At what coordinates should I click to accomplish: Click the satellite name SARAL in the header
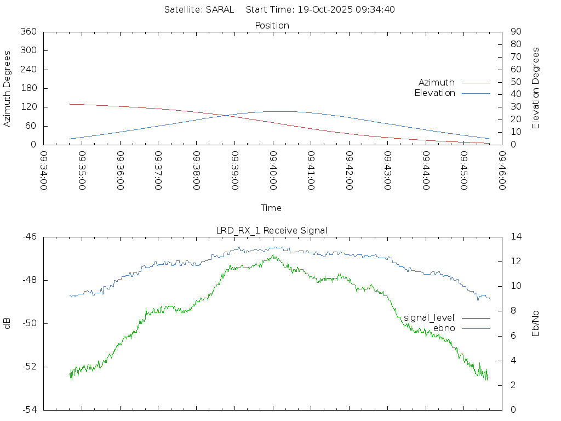(x=220, y=9)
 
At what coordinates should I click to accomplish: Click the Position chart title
(x=272, y=25)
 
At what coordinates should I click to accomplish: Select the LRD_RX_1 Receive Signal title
(x=272, y=230)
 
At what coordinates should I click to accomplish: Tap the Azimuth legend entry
(x=437, y=82)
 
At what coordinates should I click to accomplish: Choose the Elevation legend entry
(x=434, y=93)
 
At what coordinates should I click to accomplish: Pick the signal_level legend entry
(x=429, y=317)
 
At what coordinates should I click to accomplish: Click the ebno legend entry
(x=444, y=328)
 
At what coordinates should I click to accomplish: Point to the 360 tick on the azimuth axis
(x=28, y=32)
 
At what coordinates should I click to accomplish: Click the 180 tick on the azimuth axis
(x=28, y=88)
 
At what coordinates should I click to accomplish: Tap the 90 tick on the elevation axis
(x=516, y=32)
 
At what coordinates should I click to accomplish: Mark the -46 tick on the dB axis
(x=29, y=237)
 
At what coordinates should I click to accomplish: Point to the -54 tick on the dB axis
(x=29, y=409)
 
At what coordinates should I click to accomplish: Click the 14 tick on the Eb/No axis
(x=516, y=237)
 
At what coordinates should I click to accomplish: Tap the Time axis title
(x=271, y=208)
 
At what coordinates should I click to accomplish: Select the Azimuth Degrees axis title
(x=8, y=88)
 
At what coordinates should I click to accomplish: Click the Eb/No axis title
(x=536, y=323)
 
